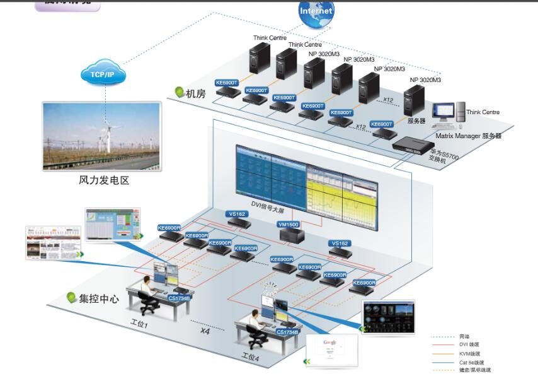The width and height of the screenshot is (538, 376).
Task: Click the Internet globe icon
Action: click(316, 13)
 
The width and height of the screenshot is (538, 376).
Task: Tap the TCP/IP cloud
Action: click(101, 74)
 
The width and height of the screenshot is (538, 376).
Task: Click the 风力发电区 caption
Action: click(104, 180)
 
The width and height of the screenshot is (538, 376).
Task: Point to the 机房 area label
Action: click(195, 93)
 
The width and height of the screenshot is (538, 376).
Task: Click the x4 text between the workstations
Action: click(204, 331)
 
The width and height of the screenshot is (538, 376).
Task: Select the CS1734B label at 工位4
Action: click(288, 331)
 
